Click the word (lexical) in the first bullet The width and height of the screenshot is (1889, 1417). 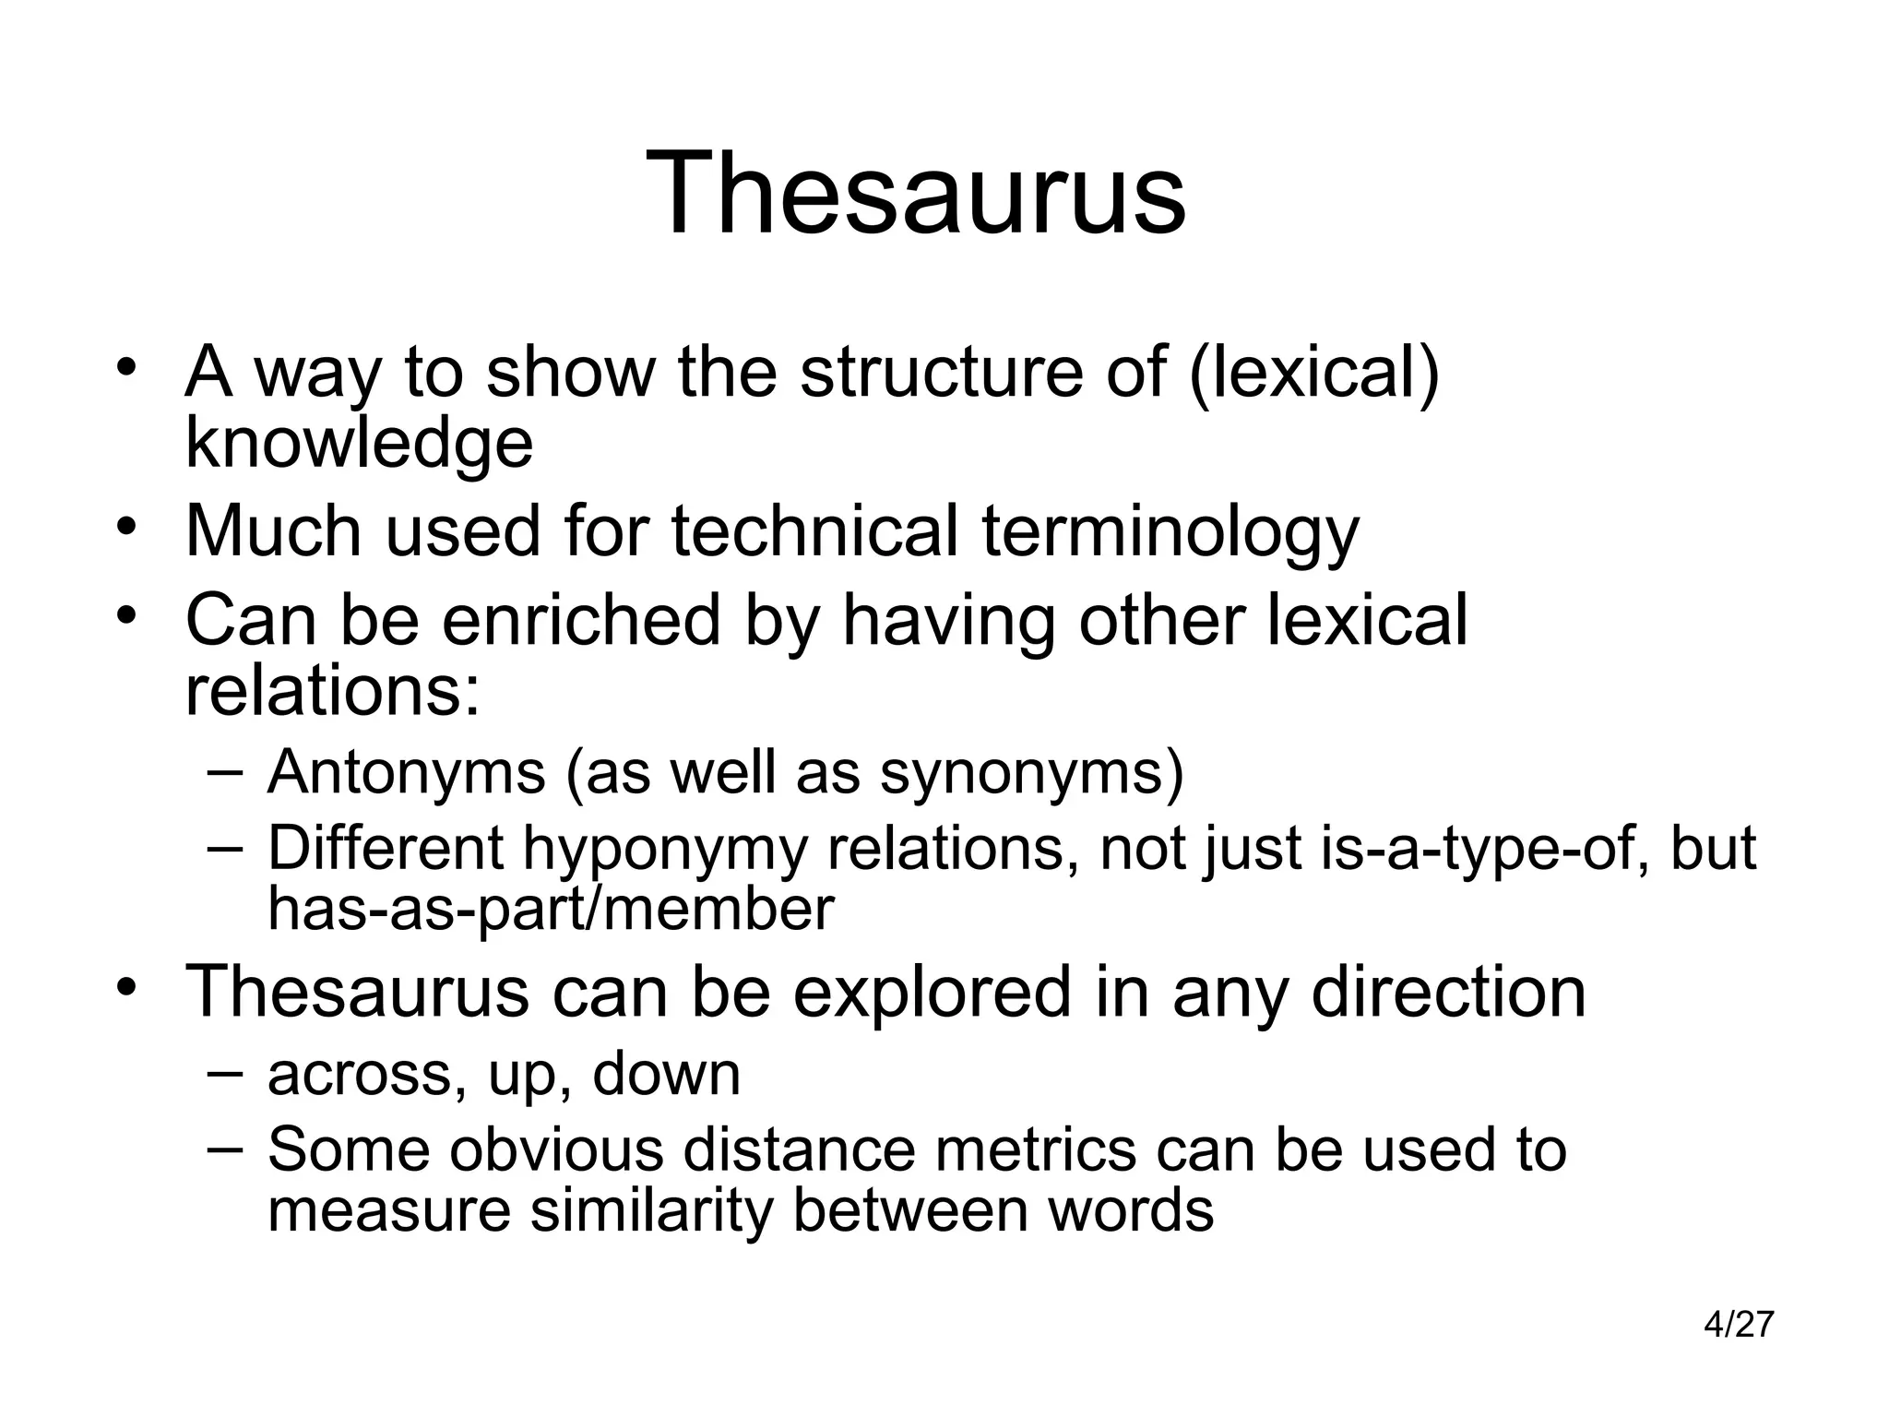click(x=1314, y=372)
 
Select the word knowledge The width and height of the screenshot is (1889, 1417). click(x=359, y=444)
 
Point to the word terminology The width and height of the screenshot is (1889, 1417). click(x=1170, y=532)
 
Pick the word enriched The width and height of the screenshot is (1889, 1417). click(x=581, y=620)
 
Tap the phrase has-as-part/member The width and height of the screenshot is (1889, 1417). click(x=551, y=909)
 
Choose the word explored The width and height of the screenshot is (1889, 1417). click(x=932, y=992)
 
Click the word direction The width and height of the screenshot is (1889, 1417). click(x=1448, y=992)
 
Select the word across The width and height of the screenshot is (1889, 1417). click(x=367, y=1074)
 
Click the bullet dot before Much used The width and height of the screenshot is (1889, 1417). click(x=126, y=527)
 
